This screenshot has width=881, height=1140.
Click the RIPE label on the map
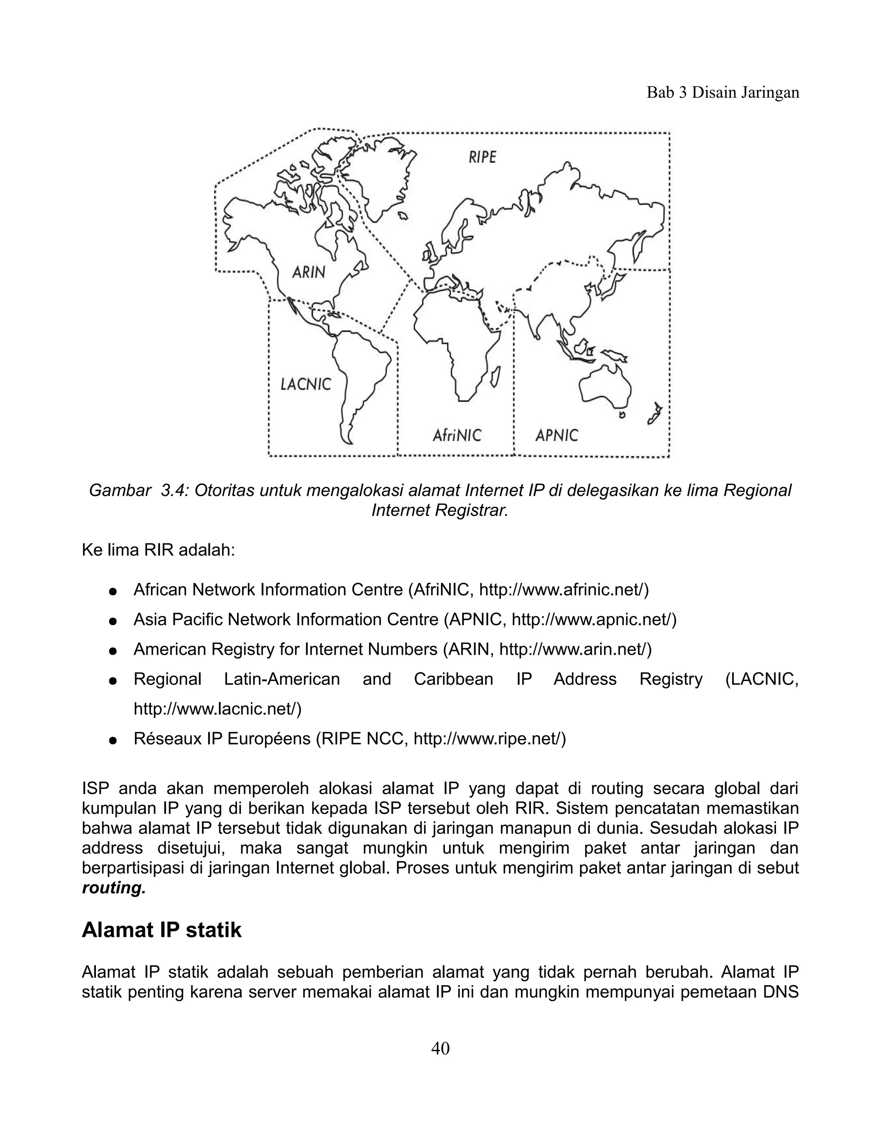[482, 157]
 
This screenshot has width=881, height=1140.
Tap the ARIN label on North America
[308, 271]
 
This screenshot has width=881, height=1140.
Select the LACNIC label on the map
[306, 384]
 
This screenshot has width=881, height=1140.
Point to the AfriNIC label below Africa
[457, 435]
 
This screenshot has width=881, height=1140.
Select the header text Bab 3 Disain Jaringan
[723, 92]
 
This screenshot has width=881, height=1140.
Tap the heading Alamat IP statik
[161, 930]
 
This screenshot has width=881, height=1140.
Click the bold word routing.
[114, 888]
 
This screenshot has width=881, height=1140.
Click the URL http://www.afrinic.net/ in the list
[563, 590]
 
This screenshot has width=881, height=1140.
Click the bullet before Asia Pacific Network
[112, 621]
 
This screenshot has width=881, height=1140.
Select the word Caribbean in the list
[453, 679]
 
